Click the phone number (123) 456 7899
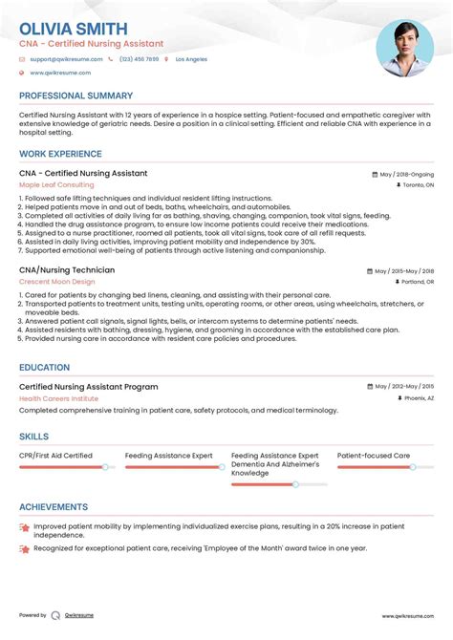(139, 59)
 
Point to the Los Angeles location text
(190, 59)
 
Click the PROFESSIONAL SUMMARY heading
(75, 96)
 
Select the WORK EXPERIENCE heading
(60, 154)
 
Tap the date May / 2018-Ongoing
(406, 175)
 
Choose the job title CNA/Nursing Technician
(67, 270)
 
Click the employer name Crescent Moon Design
(56, 282)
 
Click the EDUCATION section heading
(48, 365)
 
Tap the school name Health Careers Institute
(60, 397)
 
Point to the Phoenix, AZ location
(418, 397)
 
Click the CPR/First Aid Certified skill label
(55, 457)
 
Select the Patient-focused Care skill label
(374, 457)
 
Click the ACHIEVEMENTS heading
(54, 507)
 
